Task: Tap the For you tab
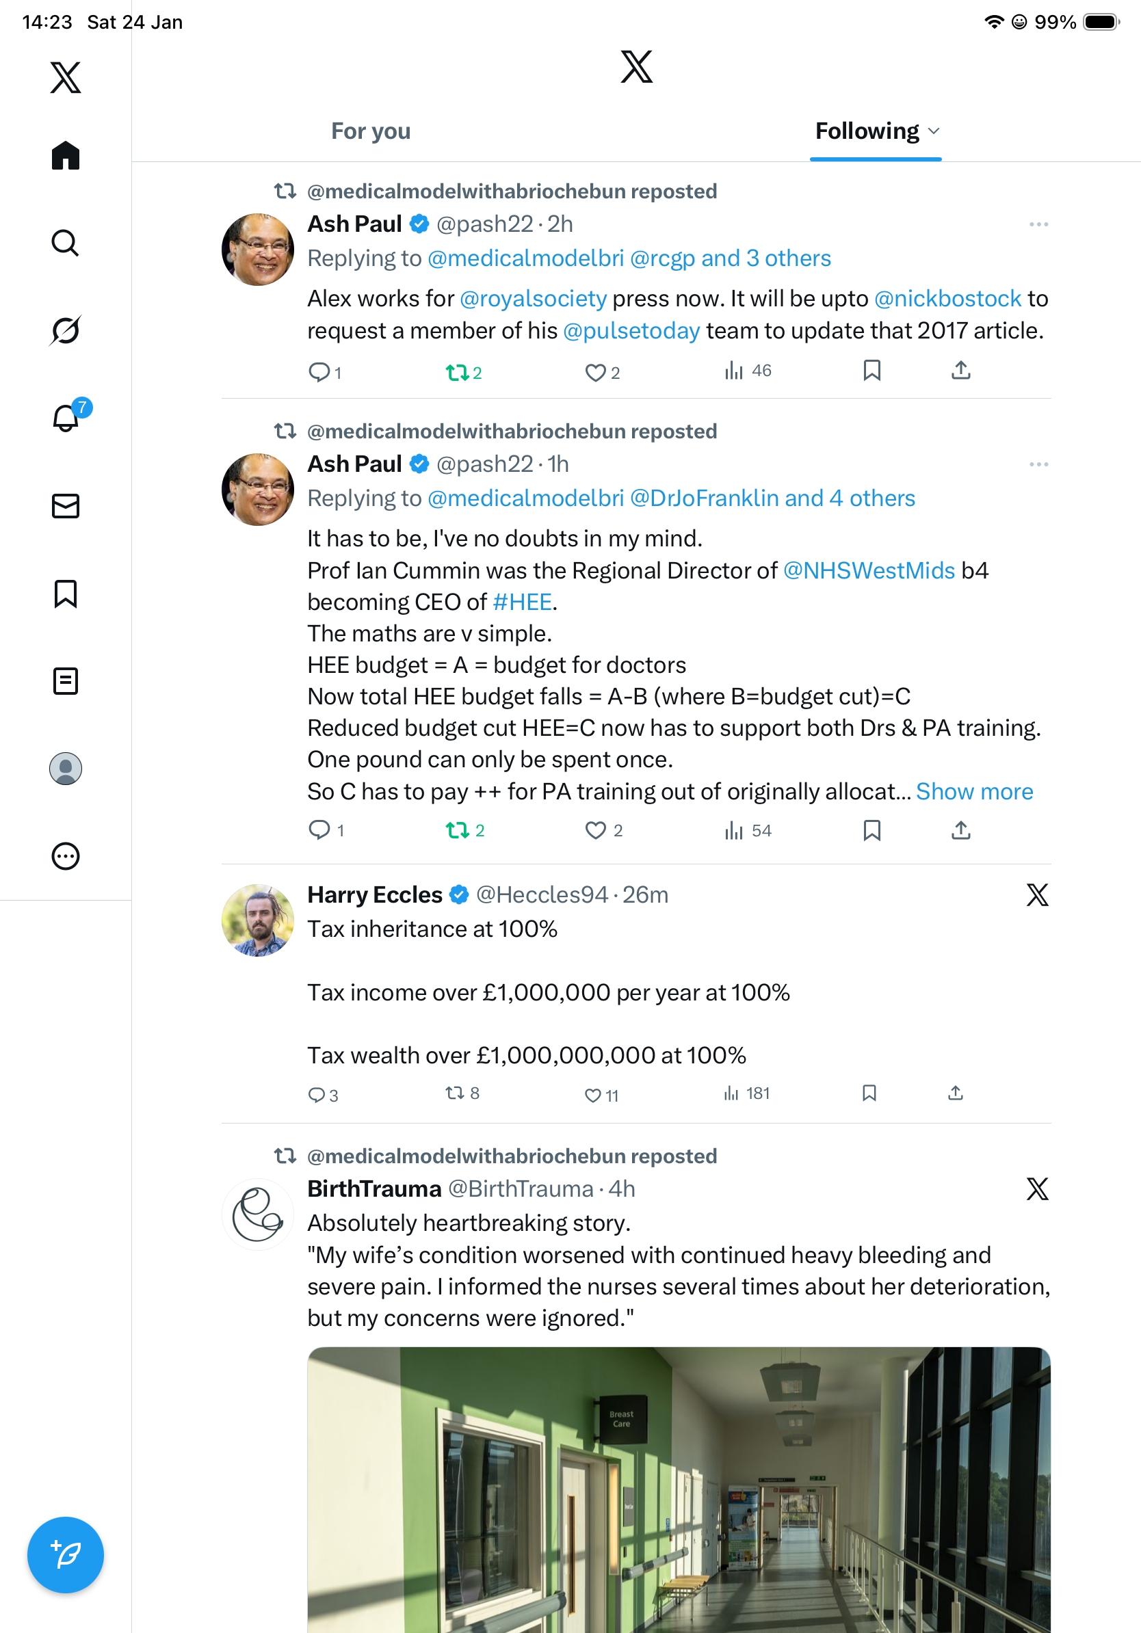coord(371,131)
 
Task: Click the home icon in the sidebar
coord(66,155)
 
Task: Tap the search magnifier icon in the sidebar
coord(66,243)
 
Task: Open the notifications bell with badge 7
coord(66,418)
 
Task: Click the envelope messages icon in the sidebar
coord(66,505)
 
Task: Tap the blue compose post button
coord(66,1554)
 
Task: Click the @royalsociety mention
coord(533,299)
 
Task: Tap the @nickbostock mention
coord(947,299)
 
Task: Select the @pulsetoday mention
coord(631,331)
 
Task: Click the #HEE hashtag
coord(521,602)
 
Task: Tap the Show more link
coord(974,792)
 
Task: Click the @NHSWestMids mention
coord(869,570)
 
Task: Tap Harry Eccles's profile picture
coord(257,920)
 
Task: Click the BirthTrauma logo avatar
coord(257,1214)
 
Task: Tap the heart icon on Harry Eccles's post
coord(592,1096)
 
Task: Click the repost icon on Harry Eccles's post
coord(454,1093)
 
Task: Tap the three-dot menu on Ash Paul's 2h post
coord(1038,225)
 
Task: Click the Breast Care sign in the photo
coord(620,1419)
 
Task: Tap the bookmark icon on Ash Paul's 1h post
coord(871,830)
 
